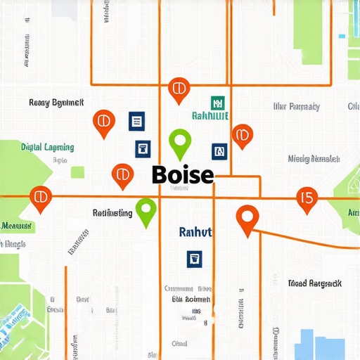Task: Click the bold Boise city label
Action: [182, 174]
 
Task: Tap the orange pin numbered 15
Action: [306, 199]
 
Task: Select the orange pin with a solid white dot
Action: [246, 219]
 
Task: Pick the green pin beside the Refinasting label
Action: [146, 210]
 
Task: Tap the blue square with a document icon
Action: [136, 121]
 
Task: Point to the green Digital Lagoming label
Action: [47, 148]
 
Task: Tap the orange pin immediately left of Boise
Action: [123, 174]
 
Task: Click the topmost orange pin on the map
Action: [179, 89]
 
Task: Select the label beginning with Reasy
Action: [56, 103]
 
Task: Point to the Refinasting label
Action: [112, 212]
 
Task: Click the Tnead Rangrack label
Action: [314, 283]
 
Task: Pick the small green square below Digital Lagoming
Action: [77, 172]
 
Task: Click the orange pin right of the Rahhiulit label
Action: [242, 134]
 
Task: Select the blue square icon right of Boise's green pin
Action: [219, 150]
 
